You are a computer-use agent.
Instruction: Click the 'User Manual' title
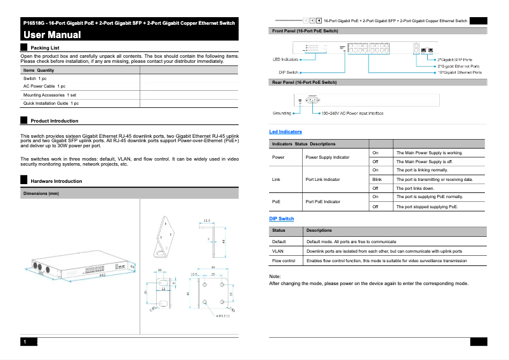(52, 35)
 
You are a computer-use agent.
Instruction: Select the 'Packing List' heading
(45, 48)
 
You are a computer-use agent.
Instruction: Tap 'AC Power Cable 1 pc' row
(44, 86)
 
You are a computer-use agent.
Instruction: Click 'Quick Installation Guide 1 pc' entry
(51, 103)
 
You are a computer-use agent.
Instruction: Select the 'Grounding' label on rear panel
(282, 114)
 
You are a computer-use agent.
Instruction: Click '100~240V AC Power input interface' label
(352, 114)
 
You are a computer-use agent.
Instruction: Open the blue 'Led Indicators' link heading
(286, 131)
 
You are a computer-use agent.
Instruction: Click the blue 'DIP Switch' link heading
(282, 219)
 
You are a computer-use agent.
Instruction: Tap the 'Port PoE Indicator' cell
(323, 202)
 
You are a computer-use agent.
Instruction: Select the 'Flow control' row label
(284, 261)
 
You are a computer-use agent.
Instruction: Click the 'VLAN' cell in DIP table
(278, 251)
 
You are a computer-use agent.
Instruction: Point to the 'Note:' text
(275, 277)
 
